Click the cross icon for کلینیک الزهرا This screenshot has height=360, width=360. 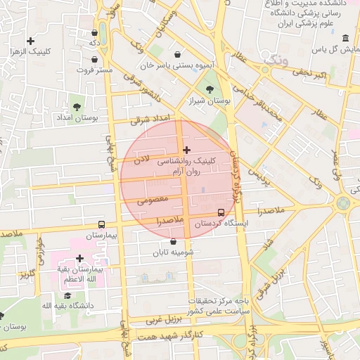(30, 41)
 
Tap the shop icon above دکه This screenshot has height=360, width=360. (95, 32)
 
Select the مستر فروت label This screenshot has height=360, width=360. (95, 70)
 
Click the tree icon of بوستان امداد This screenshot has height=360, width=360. (76, 107)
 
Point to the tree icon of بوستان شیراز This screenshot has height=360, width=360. (210, 89)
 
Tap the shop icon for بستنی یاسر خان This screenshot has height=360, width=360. (179, 53)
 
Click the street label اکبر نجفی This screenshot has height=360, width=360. (311, 74)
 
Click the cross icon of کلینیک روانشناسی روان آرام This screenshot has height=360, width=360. (186, 149)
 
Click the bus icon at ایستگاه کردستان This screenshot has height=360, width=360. (221, 212)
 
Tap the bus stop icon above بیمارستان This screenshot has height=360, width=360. (103, 224)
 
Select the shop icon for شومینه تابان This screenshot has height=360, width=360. (173, 241)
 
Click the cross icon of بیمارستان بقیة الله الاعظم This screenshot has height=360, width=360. (79, 259)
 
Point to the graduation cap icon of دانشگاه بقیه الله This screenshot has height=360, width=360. (67, 295)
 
